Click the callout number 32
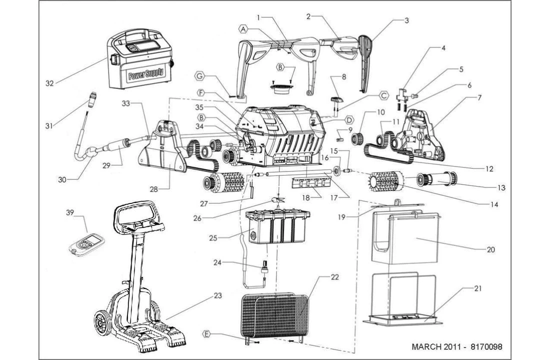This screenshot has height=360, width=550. (x=49, y=83)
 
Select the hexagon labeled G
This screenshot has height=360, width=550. (x=199, y=76)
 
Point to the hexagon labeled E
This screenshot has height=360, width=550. (x=207, y=333)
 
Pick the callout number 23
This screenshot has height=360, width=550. (x=217, y=295)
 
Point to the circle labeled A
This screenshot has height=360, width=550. (x=244, y=29)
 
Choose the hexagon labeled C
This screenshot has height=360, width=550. (x=383, y=95)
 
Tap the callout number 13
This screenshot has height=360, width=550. (x=501, y=188)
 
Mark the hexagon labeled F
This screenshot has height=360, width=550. (x=200, y=93)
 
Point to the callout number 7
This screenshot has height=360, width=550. (x=479, y=97)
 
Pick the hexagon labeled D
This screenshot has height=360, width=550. (x=349, y=119)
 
